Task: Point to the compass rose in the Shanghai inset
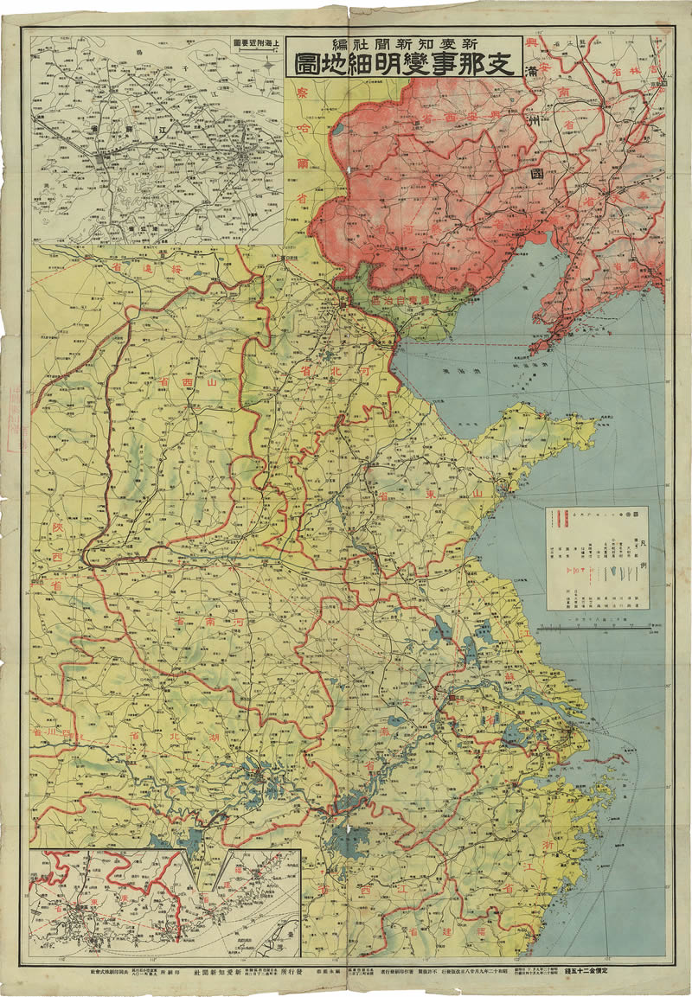271,62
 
